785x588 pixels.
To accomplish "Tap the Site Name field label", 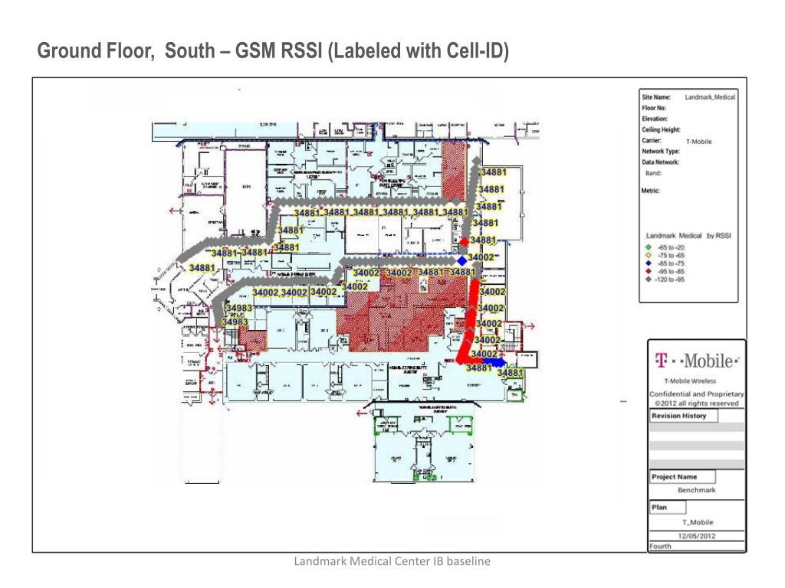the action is pyautogui.click(x=656, y=97).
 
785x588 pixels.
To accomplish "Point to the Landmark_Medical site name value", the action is pyautogui.click(x=710, y=97).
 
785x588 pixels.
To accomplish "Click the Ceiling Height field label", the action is pyautogui.click(x=661, y=130).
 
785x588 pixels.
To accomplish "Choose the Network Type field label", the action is pyautogui.click(x=661, y=152).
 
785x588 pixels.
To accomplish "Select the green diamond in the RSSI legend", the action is pyautogui.click(x=649, y=247).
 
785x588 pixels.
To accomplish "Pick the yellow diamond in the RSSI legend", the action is pyautogui.click(x=649, y=255).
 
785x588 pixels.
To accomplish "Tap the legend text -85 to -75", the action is pyautogui.click(x=672, y=263).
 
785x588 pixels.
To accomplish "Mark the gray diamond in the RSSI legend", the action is pyautogui.click(x=649, y=279).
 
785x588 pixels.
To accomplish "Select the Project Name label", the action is pyautogui.click(x=675, y=476).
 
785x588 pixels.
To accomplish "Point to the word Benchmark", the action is pyautogui.click(x=696, y=489).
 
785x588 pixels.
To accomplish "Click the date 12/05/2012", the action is pyautogui.click(x=696, y=536).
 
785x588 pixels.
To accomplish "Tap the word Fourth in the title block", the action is pyautogui.click(x=660, y=547).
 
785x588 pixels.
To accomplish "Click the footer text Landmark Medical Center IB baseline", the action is pyautogui.click(x=392, y=562).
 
